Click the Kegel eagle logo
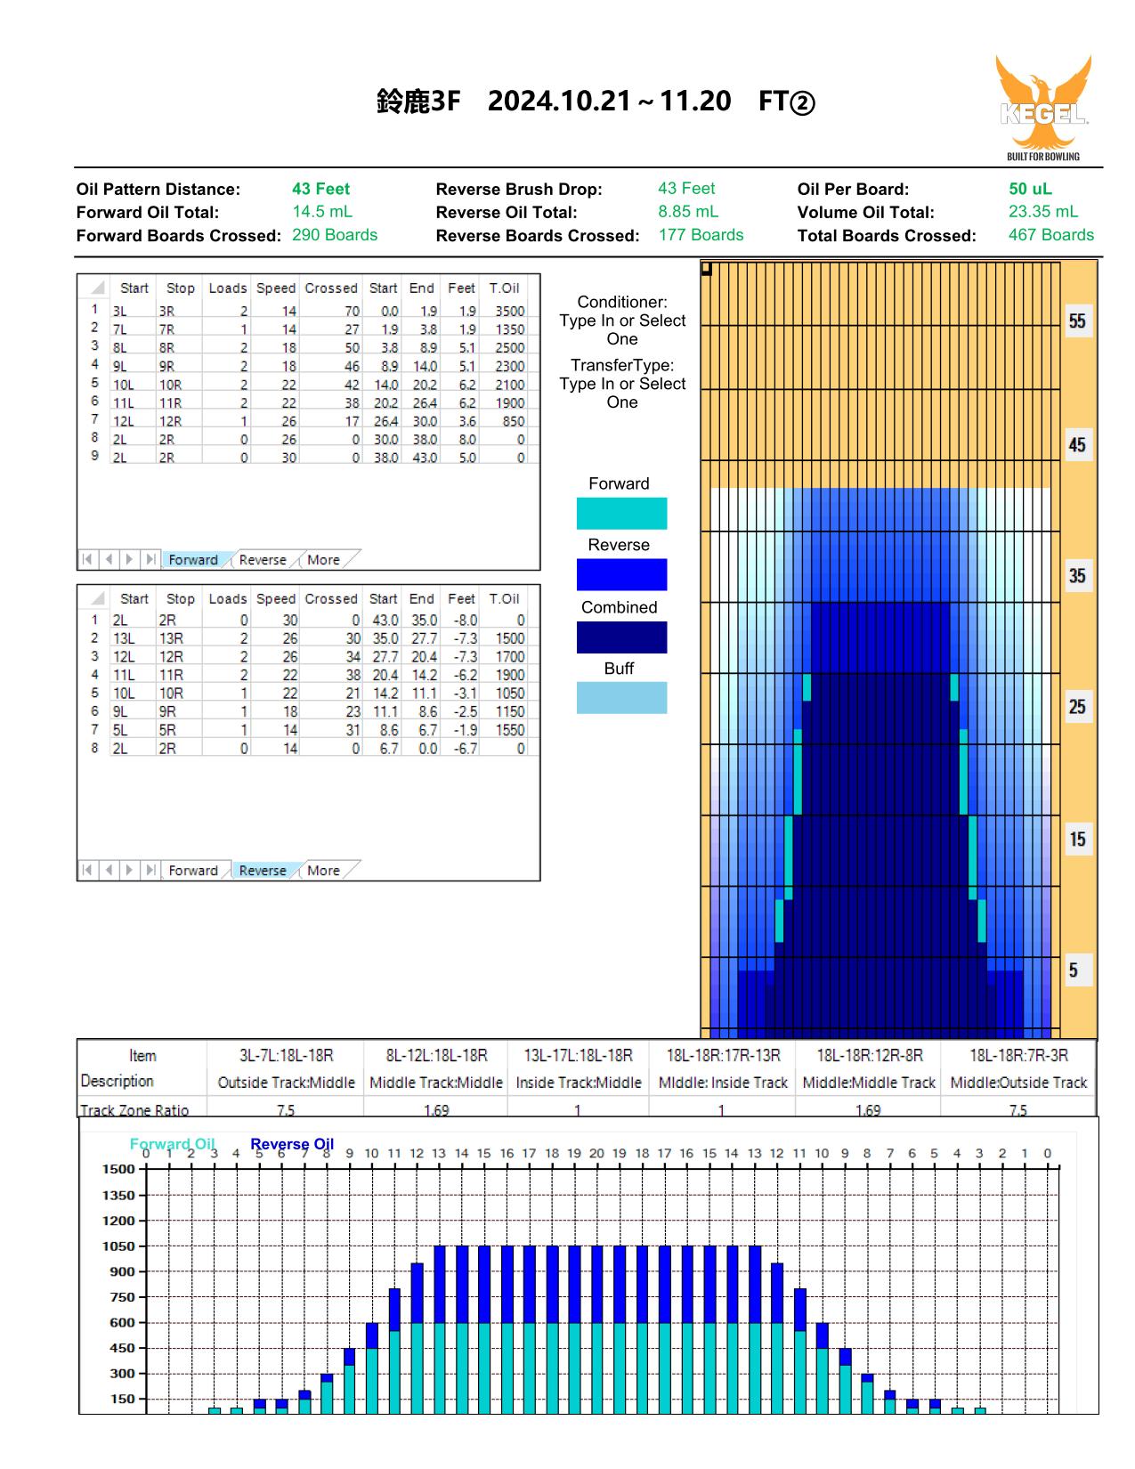[x=1043, y=107]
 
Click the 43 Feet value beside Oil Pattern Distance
[x=320, y=189]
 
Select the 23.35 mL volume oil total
[x=1042, y=212]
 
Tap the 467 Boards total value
[x=1050, y=234]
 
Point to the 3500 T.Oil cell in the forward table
[x=509, y=311]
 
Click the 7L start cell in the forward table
[x=119, y=329]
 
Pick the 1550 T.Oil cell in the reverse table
[x=509, y=729]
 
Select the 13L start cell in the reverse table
[x=124, y=638]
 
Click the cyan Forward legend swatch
[x=621, y=513]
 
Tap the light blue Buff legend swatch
[x=621, y=697]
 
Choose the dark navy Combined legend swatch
[x=621, y=637]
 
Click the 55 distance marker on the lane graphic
[x=1077, y=321]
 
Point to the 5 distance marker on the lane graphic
[x=1073, y=970]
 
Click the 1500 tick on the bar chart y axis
[x=119, y=1169]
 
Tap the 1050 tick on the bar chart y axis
[x=119, y=1246]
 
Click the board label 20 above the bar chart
[x=596, y=1153]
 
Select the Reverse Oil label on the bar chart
[x=292, y=1144]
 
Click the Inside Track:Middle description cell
[x=578, y=1083]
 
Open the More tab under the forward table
[x=323, y=560]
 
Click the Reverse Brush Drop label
[x=518, y=190]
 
